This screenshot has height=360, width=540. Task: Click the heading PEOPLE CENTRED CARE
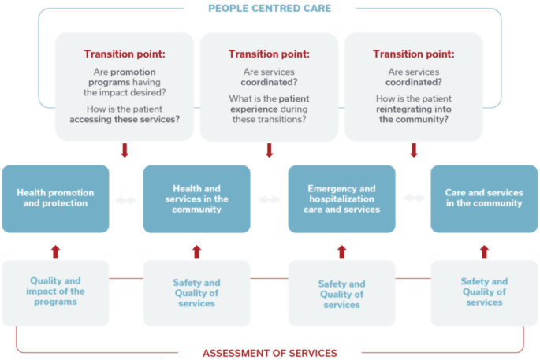[x=270, y=9]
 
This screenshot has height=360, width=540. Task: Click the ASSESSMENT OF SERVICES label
[x=270, y=353]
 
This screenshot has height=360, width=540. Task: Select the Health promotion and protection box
[x=55, y=199]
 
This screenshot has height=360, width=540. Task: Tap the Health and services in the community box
[x=196, y=199]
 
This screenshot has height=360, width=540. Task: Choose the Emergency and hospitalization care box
[x=341, y=199]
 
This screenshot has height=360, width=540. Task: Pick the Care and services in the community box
[x=484, y=199]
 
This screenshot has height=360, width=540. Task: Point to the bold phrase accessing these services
[x=125, y=120]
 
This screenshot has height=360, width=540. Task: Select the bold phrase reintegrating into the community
[x=414, y=114]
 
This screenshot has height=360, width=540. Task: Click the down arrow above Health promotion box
[x=124, y=150]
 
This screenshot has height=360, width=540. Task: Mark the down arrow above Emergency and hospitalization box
[x=414, y=150]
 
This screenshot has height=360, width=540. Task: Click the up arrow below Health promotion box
[x=55, y=252]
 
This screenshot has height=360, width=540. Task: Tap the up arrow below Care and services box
[x=484, y=252]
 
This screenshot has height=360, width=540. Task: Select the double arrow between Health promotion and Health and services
[x=125, y=200]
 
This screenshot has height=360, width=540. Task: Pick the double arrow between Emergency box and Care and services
[x=414, y=199]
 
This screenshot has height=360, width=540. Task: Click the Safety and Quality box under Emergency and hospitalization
[x=341, y=294]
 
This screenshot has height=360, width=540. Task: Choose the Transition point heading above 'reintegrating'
[x=414, y=54]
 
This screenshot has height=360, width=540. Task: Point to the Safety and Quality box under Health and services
[x=196, y=293]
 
